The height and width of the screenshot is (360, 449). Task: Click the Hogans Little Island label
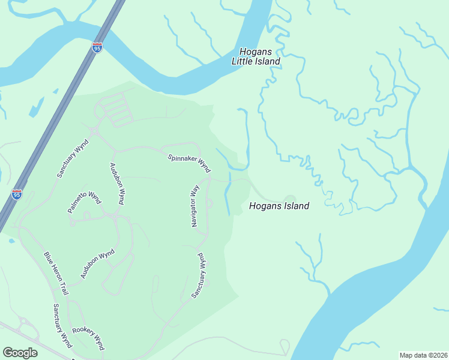click(256, 56)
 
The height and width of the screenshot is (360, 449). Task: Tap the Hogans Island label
click(279, 206)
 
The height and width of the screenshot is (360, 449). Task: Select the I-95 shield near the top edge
click(97, 47)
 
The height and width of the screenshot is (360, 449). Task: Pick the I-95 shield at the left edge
click(17, 194)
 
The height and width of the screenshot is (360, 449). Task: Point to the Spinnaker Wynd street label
click(188, 160)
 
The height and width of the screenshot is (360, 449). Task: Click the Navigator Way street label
click(194, 206)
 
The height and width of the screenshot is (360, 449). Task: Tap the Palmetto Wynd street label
click(84, 202)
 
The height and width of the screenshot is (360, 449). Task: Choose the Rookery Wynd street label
click(88, 338)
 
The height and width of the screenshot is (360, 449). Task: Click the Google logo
click(20, 353)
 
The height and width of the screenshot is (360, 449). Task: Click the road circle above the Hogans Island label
click(289, 199)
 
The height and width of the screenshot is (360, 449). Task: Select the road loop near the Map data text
click(285, 346)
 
